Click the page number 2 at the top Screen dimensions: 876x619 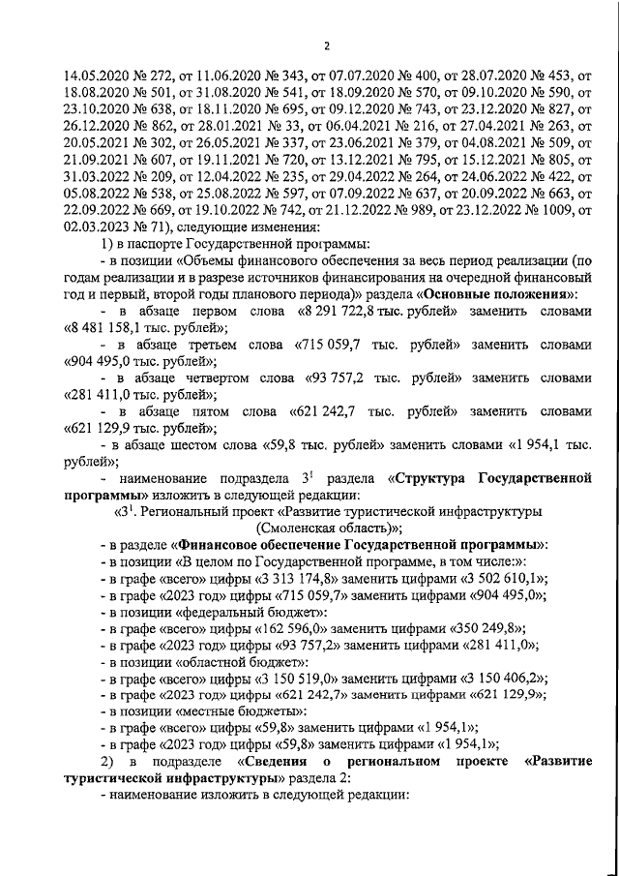(x=326, y=45)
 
